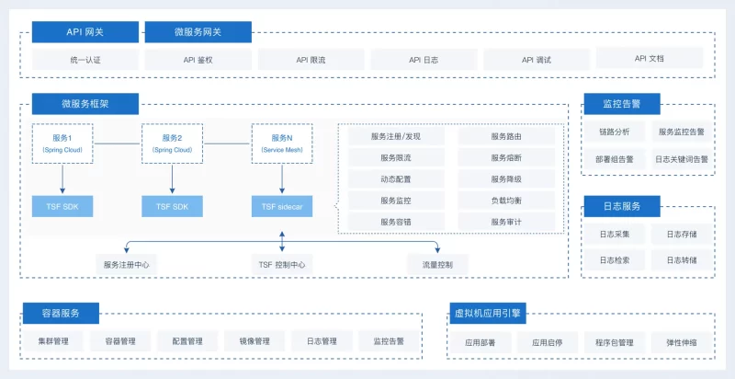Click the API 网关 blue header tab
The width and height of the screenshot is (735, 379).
pos(85,32)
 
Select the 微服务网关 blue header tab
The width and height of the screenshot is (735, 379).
pos(198,32)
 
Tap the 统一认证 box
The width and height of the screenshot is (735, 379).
pos(85,60)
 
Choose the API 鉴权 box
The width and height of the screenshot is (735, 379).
pos(198,60)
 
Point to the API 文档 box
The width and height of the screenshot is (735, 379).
pos(649,59)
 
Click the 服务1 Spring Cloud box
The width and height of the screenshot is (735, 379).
pos(62,143)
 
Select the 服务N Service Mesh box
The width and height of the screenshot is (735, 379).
pos(282,143)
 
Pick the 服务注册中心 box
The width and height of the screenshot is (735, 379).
pos(127,265)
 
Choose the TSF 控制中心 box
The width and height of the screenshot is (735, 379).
pos(282,265)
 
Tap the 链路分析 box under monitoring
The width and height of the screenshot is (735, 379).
pos(615,132)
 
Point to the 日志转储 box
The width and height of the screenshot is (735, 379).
pos(682,260)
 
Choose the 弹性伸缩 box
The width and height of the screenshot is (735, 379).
pos(682,343)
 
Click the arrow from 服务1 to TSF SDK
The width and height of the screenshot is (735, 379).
pos(62,177)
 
